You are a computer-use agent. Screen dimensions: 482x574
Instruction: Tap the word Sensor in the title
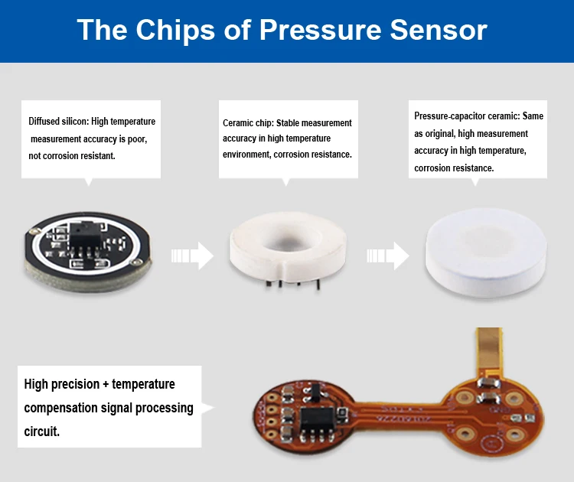click(439, 30)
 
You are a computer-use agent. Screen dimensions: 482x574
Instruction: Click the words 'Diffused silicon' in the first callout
click(57, 122)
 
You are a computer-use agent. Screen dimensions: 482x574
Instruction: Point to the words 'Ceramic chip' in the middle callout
click(247, 122)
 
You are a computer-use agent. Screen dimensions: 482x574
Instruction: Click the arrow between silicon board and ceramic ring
click(192, 256)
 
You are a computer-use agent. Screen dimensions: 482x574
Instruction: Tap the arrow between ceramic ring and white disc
click(390, 256)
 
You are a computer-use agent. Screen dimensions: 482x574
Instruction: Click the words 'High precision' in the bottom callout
click(60, 384)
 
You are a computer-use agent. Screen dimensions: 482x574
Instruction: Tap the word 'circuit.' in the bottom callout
click(42, 432)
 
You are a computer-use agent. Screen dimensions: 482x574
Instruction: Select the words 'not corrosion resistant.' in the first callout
click(73, 155)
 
